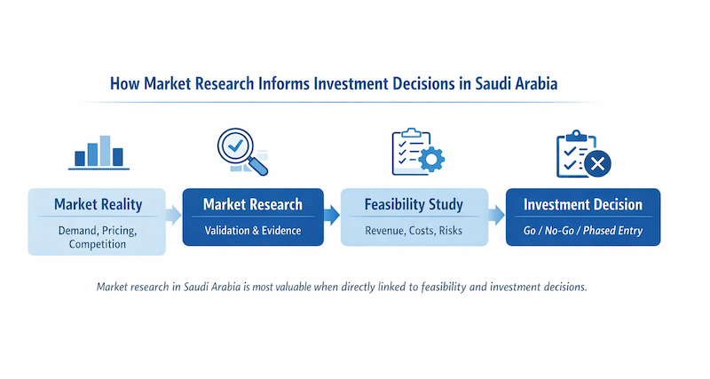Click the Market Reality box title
pyautogui.click(x=98, y=205)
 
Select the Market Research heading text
pyautogui.click(x=252, y=205)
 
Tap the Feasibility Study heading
pyautogui.click(x=414, y=205)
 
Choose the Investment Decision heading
pyautogui.click(x=582, y=205)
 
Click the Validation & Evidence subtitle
pyautogui.click(x=252, y=230)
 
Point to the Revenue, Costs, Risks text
pyautogui.click(x=414, y=230)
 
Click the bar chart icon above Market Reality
pyautogui.click(x=99, y=152)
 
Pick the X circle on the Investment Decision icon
pyautogui.click(x=597, y=163)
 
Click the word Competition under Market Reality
pyautogui.click(x=98, y=243)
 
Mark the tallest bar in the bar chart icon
pyautogui.click(x=106, y=150)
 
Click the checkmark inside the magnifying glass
pyautogui.click(x=235, y=143)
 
